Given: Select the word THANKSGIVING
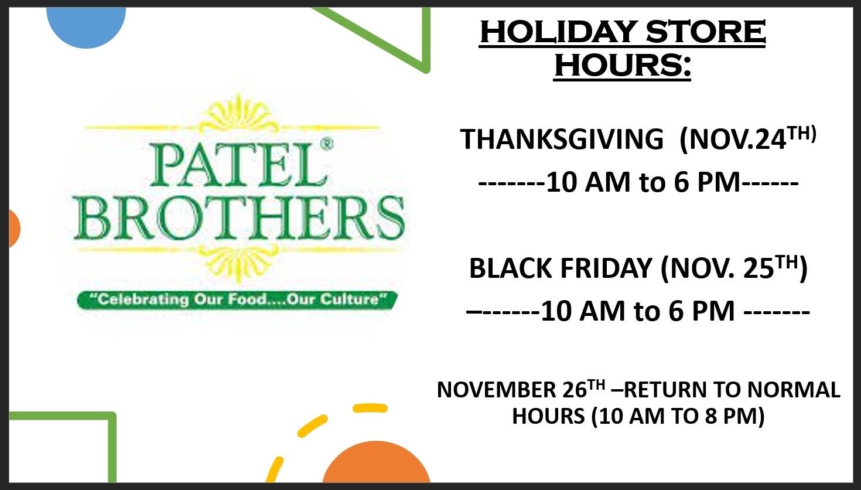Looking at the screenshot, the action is [562, 139].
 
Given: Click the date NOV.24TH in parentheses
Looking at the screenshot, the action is [748, 138].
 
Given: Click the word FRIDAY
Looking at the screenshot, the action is [606, 268].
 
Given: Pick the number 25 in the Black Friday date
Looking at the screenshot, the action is [758, 268].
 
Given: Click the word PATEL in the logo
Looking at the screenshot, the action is [238, 165].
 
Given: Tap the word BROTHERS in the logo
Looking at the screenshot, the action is [239, 217].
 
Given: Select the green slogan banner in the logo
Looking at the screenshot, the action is [238, 300].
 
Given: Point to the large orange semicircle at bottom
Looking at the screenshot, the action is [376, 464].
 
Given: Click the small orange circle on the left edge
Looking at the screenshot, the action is [14, 229].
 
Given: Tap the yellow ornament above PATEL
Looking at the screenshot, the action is [239, 114].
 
